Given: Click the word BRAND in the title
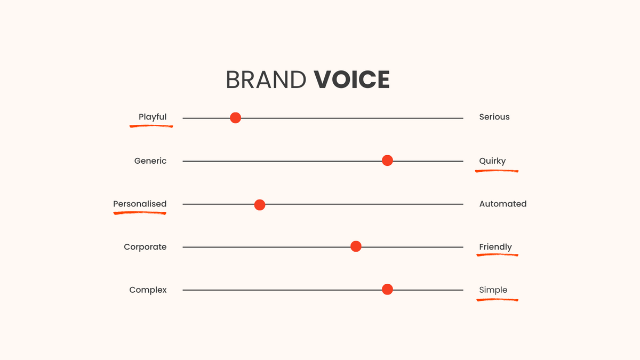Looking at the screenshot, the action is coord(266,79).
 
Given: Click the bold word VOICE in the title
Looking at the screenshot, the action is coord(351,79).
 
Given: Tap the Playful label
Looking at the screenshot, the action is coord(153,117).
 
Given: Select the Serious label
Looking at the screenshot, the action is coord(494,117).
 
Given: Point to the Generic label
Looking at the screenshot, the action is coord(150,161).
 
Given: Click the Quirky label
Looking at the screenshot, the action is coord(492,161).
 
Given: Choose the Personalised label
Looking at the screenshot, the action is coord(140,204).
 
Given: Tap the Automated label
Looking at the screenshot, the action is coord(503,204).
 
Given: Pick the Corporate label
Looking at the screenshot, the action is coord(145,247).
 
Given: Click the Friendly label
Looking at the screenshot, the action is coord(495,247).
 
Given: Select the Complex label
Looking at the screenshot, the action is coord(148,290).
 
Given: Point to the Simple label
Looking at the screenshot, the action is coord(493,290).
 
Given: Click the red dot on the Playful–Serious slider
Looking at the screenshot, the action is coord(235,118).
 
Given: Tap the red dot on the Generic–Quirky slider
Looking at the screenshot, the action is coord(387,161).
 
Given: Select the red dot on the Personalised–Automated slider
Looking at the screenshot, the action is coord(260,205).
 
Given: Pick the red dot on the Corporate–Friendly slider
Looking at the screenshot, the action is coord(356,246).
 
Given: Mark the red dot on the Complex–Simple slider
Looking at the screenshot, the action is coord(387,289).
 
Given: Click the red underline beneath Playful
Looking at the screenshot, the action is coord(151,126).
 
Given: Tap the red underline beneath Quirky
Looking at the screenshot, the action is coord(497,171).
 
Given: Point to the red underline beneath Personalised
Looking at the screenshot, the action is coord(140,213).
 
